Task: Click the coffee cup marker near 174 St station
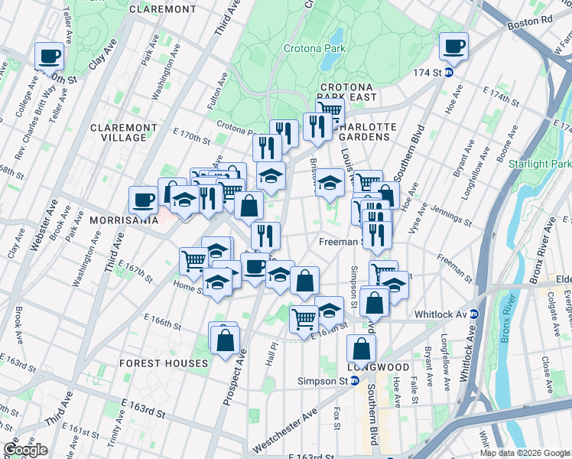453,46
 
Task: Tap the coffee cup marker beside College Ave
50,55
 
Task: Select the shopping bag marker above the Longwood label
361,349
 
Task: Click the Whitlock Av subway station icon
474,314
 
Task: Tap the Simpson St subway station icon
357,381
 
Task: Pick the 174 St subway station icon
449,73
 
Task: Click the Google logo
25,450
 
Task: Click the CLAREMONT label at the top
162,8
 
